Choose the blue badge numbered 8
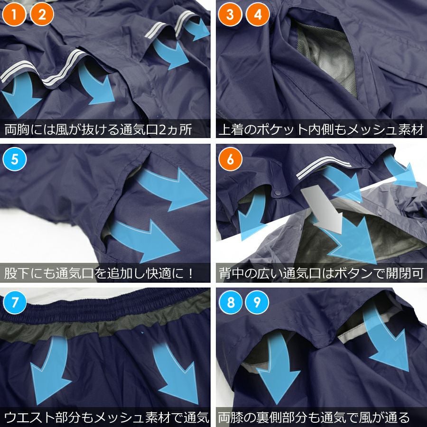231,302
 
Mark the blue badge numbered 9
257,302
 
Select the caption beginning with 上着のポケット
321,129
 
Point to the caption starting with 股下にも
100,273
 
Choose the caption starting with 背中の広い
321,273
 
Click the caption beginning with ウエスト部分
106,417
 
